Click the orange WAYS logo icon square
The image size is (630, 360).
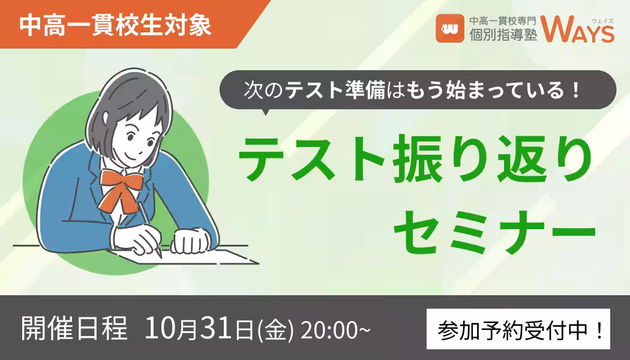449,28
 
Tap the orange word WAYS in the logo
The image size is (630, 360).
577,29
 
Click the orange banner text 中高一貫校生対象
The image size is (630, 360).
115,26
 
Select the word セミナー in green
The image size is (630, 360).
495,232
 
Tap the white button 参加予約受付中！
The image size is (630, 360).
518,329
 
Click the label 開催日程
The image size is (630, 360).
74,328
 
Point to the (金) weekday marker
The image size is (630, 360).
275,329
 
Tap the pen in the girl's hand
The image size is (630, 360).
150,229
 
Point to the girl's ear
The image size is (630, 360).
106,119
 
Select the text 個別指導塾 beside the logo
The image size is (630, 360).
503,35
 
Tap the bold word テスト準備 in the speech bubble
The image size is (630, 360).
335,90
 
